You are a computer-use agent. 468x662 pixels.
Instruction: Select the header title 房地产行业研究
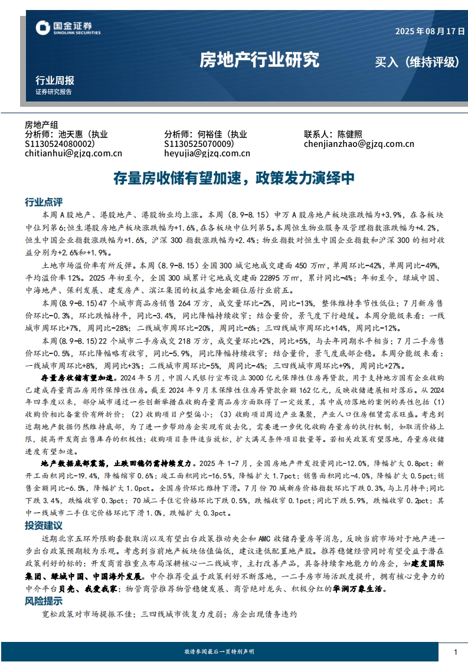[259, 60]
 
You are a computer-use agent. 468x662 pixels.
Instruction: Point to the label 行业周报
[55, 80]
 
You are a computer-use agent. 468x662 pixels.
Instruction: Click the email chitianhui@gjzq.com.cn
[73, 153]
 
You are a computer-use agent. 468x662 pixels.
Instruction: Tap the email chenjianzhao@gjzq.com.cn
[359, 143]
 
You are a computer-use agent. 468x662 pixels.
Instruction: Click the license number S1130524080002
[60, 143]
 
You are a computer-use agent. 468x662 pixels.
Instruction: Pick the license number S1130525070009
[199, 143]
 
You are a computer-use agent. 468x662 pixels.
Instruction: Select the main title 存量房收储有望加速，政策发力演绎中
[234, 178]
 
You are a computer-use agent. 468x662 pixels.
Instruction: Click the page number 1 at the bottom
[456, 651]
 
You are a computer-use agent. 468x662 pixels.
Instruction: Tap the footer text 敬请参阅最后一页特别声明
[219, 651]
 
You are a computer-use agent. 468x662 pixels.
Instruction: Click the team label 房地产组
[41, 124]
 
